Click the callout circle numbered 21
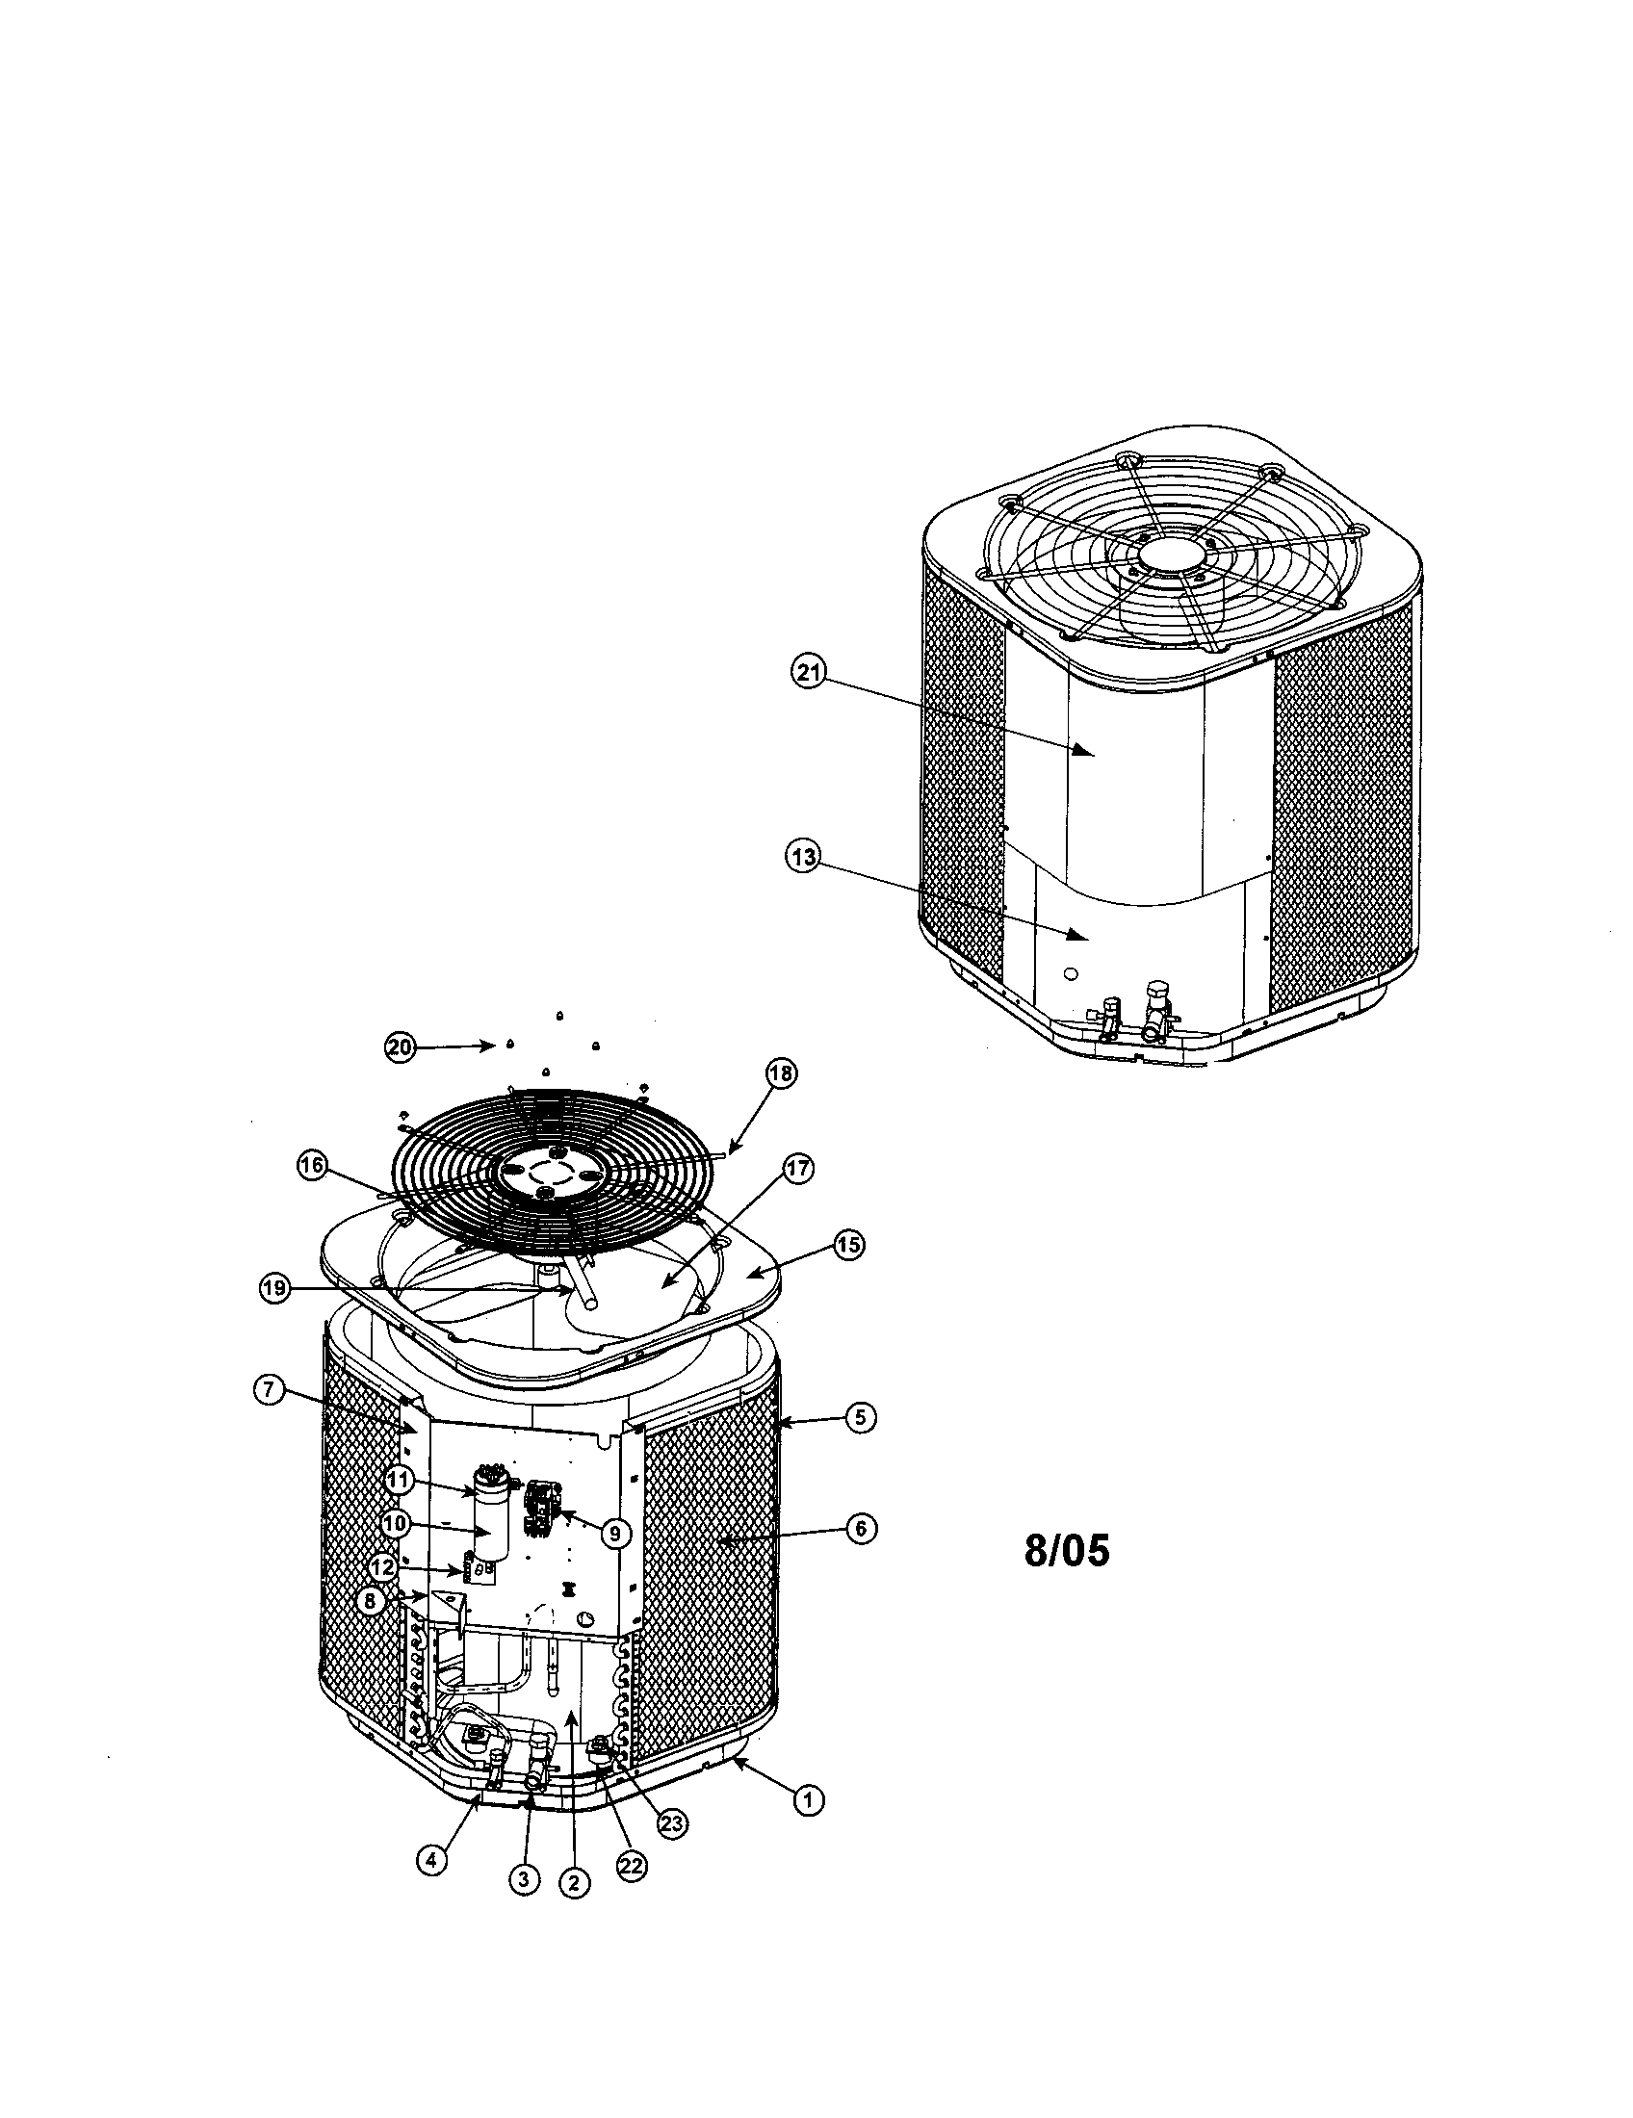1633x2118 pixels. (808, 672)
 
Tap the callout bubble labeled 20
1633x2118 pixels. (400, 1047)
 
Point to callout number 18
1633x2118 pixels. (781, 1072)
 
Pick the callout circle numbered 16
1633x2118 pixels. (313, 1169)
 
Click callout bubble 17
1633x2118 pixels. (797, 1169)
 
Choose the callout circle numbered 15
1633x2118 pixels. (848, 1245)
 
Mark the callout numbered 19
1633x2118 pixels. (275, 1289)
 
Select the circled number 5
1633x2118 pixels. (859, 1418)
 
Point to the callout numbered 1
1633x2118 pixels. (809, 1801)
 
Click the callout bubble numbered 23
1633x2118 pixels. (671, 1823)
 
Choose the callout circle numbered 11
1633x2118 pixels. (399, 1480)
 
